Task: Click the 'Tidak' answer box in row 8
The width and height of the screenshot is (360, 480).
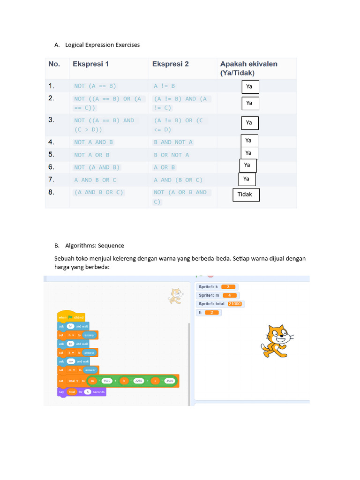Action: pyautogui.click(x=246, y=195)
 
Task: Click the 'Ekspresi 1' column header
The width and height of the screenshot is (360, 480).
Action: pyautogui.click(x=91, y=64)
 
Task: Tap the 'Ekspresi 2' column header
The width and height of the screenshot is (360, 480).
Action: pyautogui.click(x=170, y=64)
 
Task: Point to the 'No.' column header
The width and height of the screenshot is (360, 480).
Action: pyautogui.click(x=54, y=64)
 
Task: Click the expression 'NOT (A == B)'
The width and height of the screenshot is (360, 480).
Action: pyautogui.click(x=95, y=86)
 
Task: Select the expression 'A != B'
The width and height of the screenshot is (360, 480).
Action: pyautogui.click(x=165, y=86)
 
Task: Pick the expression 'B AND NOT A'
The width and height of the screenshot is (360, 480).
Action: pyautogui.click(x=173, y=142)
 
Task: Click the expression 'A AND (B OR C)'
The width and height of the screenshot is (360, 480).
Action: pyautogui.click(x=179, y=180)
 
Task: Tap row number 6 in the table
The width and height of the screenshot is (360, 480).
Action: pyautogui.click(x=52, y=167)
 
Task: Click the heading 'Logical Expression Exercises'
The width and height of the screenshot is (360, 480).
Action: pyautogui.click(x=102, y=45)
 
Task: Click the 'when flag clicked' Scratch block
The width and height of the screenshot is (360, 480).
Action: pyautogui.click(x=71, y=317)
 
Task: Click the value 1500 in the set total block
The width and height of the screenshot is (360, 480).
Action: pyautogui.click(x=107, y=382)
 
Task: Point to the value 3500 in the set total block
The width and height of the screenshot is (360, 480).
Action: pyautogui.click(x=170, y=382)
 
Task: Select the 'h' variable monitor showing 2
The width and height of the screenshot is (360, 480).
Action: pyautogui.click(x=209, y=312)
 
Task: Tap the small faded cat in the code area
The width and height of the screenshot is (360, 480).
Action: pyautogui.click(x=175, y=296)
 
